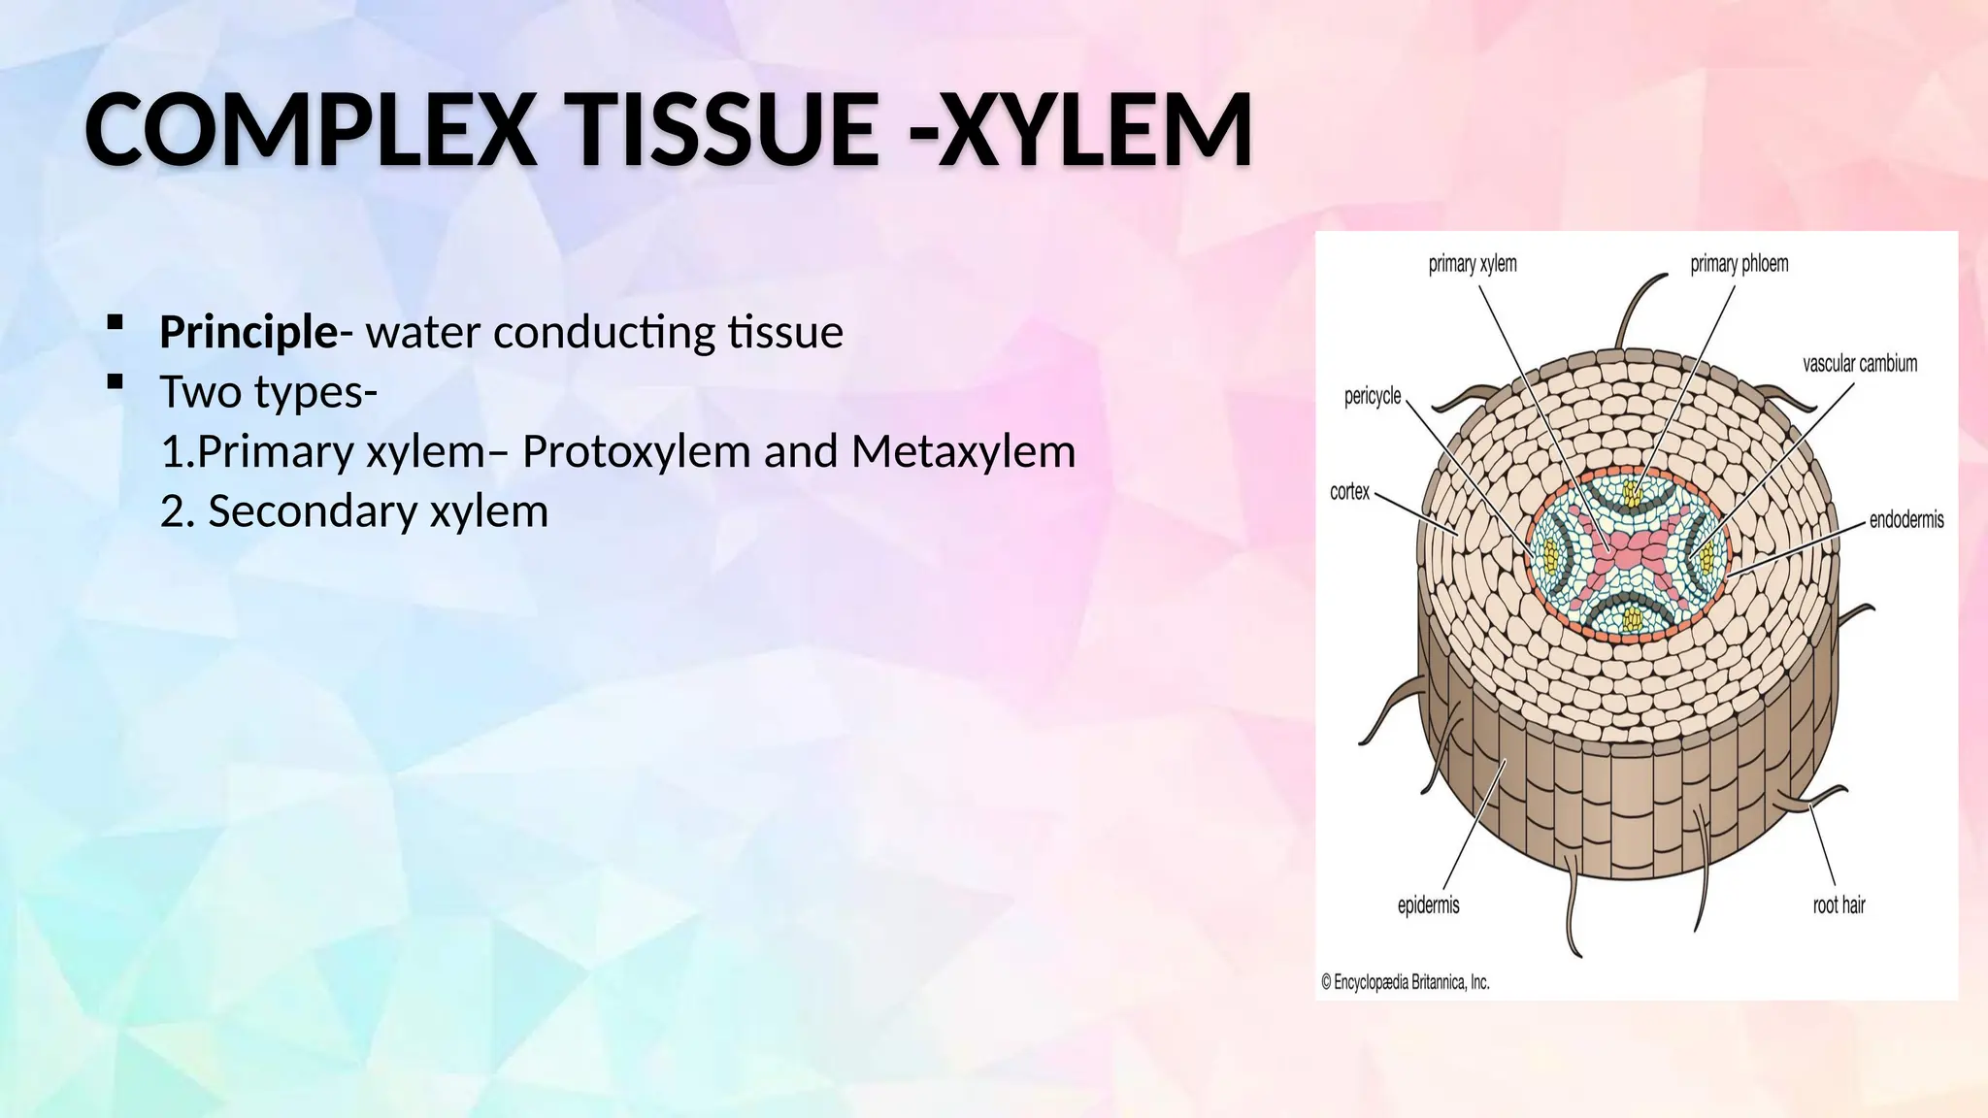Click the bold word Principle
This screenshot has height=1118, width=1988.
[248, 333]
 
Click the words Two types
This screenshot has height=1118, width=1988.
[262, 392]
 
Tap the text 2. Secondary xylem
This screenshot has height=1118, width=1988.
[354, 511]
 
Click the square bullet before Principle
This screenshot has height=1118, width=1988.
[116, 322]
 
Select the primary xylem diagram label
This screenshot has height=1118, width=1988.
[1472, 264]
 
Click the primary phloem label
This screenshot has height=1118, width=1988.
[1739, 264]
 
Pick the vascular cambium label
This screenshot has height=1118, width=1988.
[1860, 364]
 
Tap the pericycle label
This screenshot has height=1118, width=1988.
[1372, 396]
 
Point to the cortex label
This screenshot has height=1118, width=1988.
[1349, 492]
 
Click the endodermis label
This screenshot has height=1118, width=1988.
[1905, 520]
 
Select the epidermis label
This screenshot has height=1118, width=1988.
[1428, 905]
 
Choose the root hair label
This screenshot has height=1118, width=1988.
[1839, 905]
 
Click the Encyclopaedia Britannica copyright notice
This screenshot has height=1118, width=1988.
[1405, 982]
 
